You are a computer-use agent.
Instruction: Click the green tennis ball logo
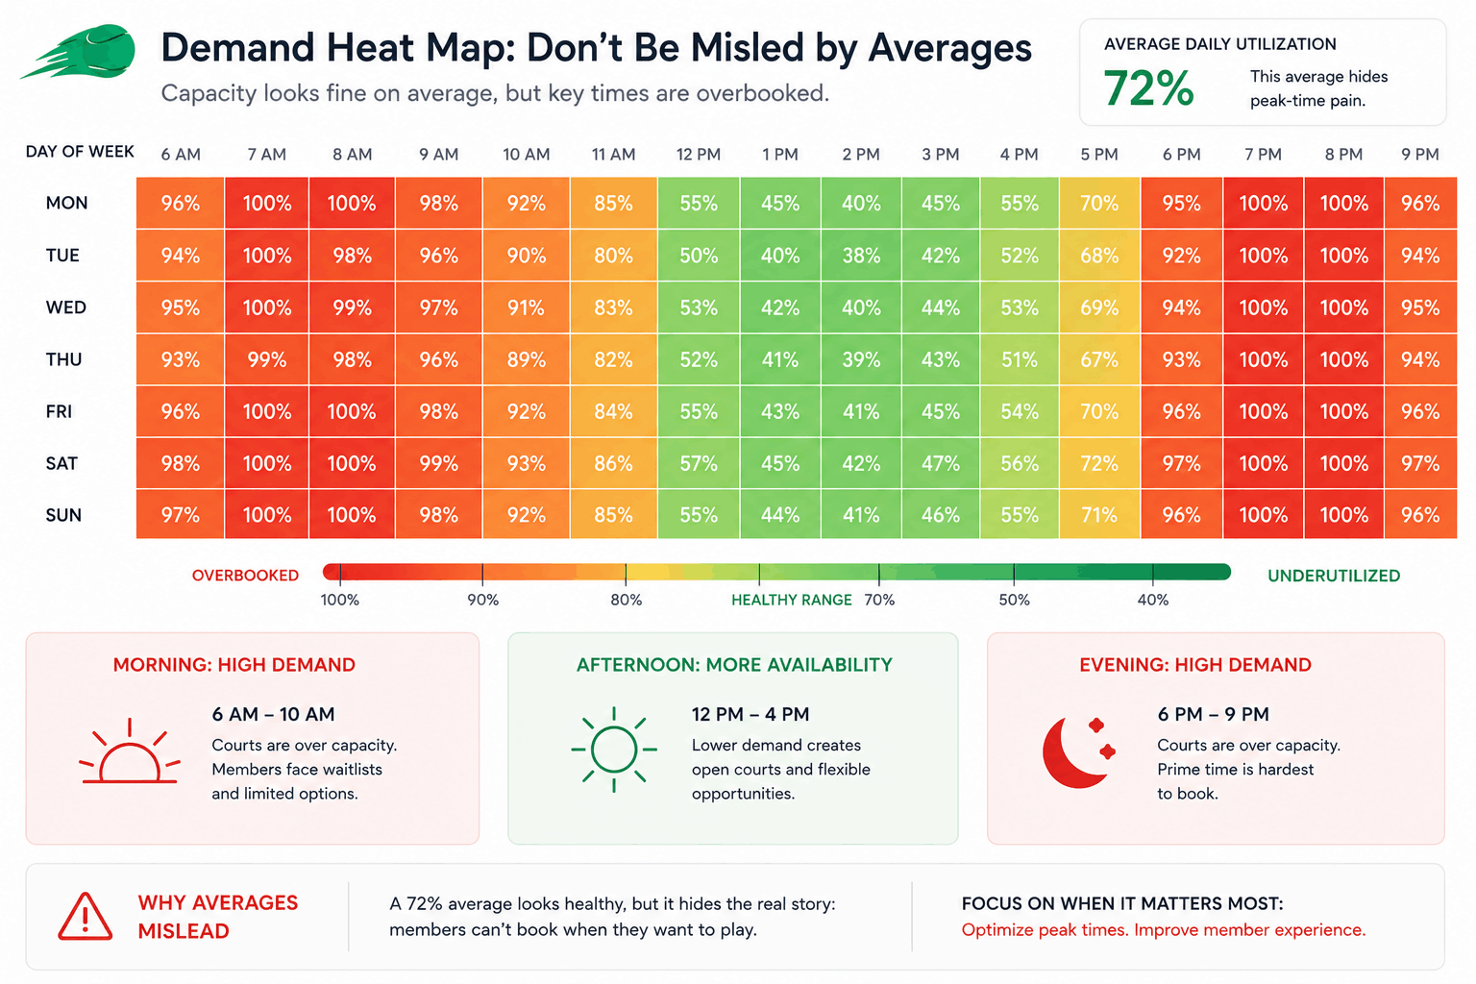pyautogui.click(x=80, y=51)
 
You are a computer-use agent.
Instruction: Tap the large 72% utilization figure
pyautogui.click(x=1148, y=88)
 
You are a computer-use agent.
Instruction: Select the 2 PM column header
pyautogui.click(x=861, y=154)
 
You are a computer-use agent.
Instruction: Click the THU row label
pyautogui.click(x=64, y=359)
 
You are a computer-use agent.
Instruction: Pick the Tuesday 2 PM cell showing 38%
pyautogui.click(x=861, y=255)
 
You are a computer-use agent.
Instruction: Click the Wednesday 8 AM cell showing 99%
pyautogui.click(x=352, y=307)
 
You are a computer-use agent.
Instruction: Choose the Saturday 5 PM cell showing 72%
pyautogui.click(x=1099, y=463)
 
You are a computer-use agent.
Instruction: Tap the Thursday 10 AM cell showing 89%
pyautogui.click(x=526, y=359)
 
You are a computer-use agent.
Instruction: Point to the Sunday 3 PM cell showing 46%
pyautogui.click(x=941, y=514)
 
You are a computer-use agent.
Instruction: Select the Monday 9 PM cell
pyautogui.click(x=1420, y=203)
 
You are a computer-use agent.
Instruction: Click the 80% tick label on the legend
pyautogui.click(x=626, y=600)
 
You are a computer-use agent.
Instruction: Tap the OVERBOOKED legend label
pyautogui.click(x=245, y=576)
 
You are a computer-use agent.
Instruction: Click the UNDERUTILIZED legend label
pyautogui.click(x=1334, y=576)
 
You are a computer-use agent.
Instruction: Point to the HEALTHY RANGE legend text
pyautogui.click(x=792, y=600)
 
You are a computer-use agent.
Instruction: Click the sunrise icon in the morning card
pyautogui.click(x=129, y=750)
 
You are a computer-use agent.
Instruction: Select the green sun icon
pyautogui.click(x=613, y=750)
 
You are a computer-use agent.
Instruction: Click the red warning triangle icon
pyautogui.click(x=85, y=916)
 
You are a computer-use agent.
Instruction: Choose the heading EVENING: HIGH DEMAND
pyautogui.click(x=1194, y=664)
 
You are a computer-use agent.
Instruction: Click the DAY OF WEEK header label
pyautogui.click(x=80, y=152)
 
